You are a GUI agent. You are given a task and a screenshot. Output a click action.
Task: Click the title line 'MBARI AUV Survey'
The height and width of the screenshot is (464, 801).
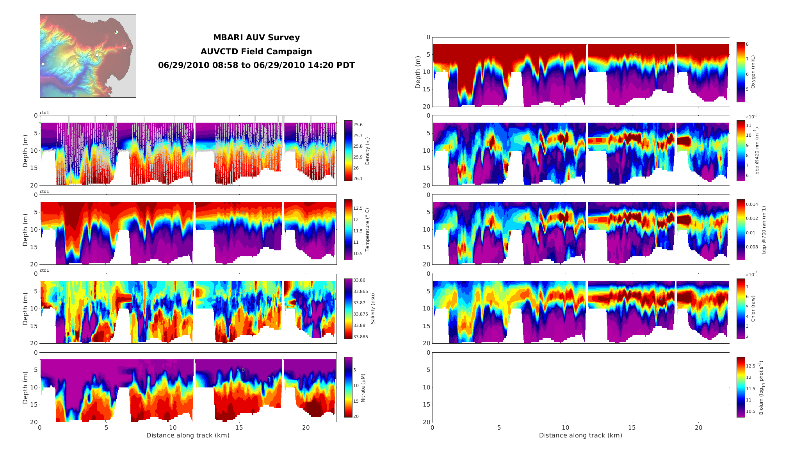pos(256,37)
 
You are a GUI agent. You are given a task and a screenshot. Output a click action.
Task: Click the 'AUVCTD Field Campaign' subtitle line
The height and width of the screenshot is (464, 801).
pos(256,52)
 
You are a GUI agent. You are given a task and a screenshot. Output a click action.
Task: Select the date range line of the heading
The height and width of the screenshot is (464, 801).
pos(256,65)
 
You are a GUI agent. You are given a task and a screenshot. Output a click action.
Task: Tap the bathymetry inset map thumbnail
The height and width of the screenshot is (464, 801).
pos(88,56)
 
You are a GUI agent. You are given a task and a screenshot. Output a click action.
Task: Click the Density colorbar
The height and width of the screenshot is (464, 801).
pos(348,151)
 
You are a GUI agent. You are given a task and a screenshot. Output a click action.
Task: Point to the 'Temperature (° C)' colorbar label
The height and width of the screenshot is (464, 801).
pos(367,230)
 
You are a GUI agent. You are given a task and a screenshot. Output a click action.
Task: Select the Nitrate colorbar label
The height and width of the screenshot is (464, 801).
pos(363,388)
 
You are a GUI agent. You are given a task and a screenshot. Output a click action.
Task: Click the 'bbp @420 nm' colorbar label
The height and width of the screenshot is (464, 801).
pos(757,151)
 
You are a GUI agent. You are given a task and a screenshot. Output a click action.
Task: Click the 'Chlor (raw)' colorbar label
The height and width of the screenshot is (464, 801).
pos(753,309)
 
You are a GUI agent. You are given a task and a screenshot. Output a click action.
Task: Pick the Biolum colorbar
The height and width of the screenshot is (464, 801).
pos(740,387)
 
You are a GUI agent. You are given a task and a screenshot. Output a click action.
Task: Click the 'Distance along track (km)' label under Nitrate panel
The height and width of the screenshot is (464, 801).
pos(188,435)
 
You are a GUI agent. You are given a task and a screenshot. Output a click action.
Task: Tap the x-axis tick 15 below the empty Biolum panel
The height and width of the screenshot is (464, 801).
pos(632,428)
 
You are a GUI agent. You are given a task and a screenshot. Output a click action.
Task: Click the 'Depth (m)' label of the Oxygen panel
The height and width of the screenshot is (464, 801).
pos(418,72)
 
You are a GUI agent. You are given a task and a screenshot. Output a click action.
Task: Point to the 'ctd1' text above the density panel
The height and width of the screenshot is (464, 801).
pos(44,112)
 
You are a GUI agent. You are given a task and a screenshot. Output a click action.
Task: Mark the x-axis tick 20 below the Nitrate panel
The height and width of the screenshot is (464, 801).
pos(306,428)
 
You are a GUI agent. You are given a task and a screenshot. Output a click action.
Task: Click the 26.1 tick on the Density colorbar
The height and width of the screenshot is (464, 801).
pos(358,178)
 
